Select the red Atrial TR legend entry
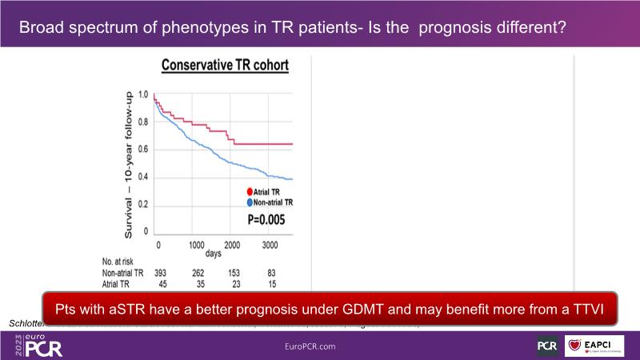click(262, 192)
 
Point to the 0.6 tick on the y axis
click(144, 150)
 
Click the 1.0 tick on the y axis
click(144, 94)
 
